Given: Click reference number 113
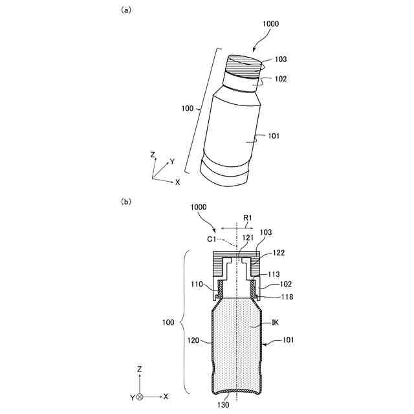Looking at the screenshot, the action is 273,274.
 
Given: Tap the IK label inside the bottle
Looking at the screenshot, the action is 265,321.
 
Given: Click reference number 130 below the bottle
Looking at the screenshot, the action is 223,404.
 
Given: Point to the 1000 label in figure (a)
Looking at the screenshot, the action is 271,23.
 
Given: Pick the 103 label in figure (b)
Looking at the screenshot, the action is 265,232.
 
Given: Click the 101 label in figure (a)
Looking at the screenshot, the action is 273,136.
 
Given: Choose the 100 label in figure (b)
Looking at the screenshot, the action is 169,321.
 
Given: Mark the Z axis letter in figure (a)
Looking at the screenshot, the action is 152,155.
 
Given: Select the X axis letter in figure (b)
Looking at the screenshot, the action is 166,395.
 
